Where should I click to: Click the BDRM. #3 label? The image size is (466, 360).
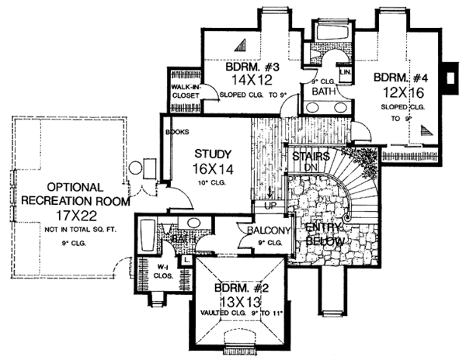pyautogui.click(x=249, y=67)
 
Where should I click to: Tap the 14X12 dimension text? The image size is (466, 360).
pyautogui.click(x=248, y=80)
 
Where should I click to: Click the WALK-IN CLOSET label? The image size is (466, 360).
pyautogui.click(x=185, y=92)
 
